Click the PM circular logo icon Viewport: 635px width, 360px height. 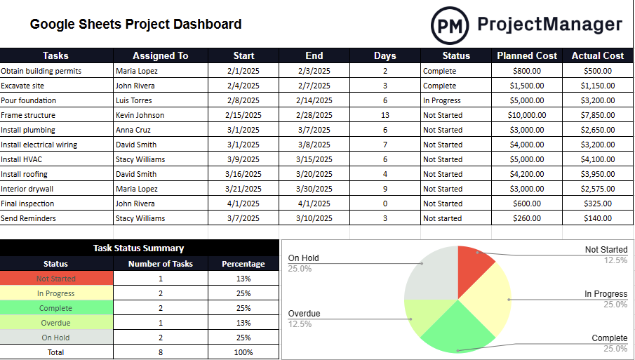[449, 25]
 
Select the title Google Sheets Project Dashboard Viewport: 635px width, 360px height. [135, 25]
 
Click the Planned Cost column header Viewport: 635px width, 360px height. [527, 55]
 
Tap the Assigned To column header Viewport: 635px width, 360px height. [161, 55]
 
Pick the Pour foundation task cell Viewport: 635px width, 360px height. [29, 100]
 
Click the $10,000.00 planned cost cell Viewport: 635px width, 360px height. [527, 115]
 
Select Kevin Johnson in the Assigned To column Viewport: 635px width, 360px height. [140, 115]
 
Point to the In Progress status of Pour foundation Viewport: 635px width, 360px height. [441, 100]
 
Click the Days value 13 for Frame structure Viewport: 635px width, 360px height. [385, 115]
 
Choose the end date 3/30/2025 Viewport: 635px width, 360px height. [314, 189]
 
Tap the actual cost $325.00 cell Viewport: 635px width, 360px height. [598, 204]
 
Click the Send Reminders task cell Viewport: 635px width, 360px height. [29, 218]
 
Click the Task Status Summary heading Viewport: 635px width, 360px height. [139, 248]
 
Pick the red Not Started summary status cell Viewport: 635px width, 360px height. [56, 279]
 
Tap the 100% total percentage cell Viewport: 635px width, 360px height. [243, 352]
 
